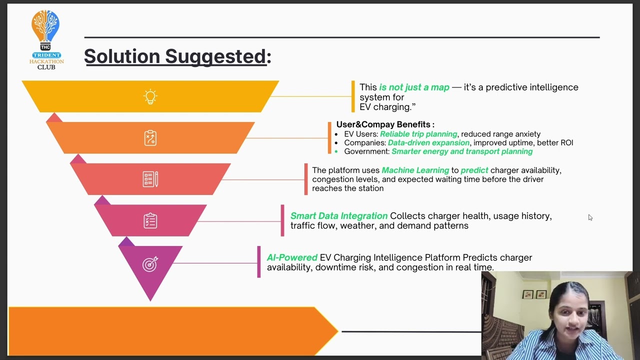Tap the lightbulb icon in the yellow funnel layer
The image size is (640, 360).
tap(150, 96)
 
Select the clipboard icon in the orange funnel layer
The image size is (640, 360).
tap(150, 138)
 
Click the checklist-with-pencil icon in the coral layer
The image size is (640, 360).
tap(150, 179)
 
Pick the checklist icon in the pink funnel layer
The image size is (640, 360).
tap(150, 220)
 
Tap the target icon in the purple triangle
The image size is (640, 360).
tap(150, 263)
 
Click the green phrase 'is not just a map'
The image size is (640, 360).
tap(414, 87)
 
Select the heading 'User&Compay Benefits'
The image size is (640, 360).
tap(385, 124)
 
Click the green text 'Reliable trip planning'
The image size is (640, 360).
tap(418, 134)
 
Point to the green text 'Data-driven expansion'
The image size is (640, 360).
tap(428, 142)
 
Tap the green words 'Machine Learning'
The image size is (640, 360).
tap(415, 170)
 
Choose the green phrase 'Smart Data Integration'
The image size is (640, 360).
tap(338, 216)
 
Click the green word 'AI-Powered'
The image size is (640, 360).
tap(292, 257)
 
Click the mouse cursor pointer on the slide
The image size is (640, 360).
tap(590, 217)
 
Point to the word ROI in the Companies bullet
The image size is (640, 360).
tap(566, 142)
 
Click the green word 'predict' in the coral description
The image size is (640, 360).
tap(474, 170)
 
